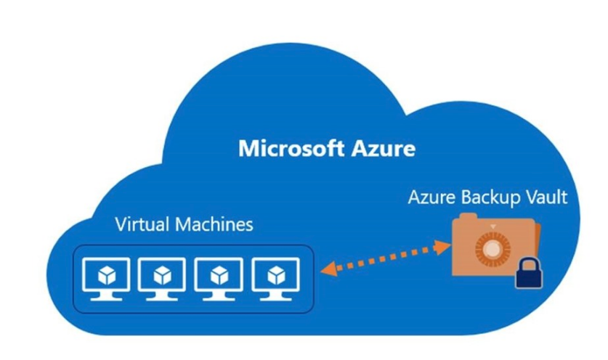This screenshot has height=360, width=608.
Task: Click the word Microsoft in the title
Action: point(285,150)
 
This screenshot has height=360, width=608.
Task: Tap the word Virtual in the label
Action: point(141,224)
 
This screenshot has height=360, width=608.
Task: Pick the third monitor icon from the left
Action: point(218,277)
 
